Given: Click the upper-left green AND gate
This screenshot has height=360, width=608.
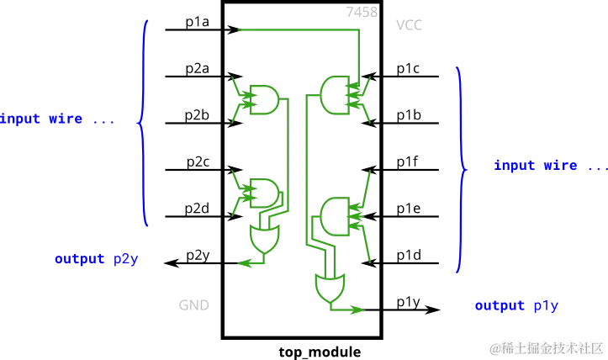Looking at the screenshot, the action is pos(264,99).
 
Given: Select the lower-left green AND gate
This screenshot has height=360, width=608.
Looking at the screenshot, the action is pos(264,193).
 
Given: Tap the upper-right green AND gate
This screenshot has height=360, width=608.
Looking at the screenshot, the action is pos(335,93).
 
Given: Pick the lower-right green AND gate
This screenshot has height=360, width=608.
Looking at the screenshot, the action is pos(335,216).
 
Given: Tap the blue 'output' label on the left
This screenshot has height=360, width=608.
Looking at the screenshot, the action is pos(96,261).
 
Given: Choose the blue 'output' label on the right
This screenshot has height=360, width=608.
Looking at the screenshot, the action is pos(515,304).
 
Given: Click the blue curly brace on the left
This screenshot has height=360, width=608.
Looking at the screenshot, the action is pos(143,123).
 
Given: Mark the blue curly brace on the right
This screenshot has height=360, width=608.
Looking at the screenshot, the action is pos(459,167).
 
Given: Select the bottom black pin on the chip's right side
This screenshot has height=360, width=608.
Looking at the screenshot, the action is pos(408,309).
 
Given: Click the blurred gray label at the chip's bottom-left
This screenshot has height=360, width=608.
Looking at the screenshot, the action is pos(188,304).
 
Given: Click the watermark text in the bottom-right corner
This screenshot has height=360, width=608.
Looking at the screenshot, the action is pos(547,347).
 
